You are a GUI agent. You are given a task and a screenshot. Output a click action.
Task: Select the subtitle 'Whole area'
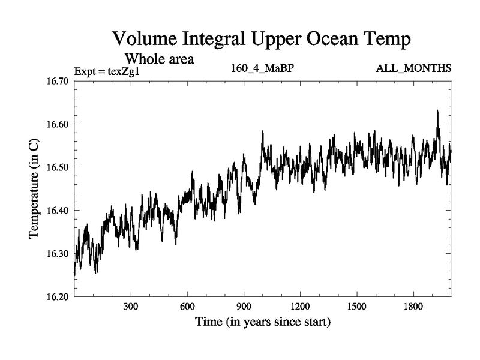159,59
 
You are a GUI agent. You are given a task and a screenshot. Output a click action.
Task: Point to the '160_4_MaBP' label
262,68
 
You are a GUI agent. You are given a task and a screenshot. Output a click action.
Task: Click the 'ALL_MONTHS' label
413,68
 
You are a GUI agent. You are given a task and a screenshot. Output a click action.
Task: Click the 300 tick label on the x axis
131,306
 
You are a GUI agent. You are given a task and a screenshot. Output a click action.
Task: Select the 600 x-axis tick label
187,306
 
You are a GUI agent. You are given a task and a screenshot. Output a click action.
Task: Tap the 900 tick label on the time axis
244,306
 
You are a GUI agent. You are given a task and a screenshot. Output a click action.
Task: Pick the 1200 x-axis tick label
301,306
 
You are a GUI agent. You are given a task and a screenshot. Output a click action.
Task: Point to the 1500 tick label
357,306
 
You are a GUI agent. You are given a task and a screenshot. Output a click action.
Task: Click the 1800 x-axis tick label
413,306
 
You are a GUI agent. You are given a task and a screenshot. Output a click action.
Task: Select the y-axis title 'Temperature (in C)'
35,189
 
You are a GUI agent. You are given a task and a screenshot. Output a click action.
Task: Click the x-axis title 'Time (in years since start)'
262,322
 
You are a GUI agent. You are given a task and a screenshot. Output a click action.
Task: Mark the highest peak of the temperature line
437,111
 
